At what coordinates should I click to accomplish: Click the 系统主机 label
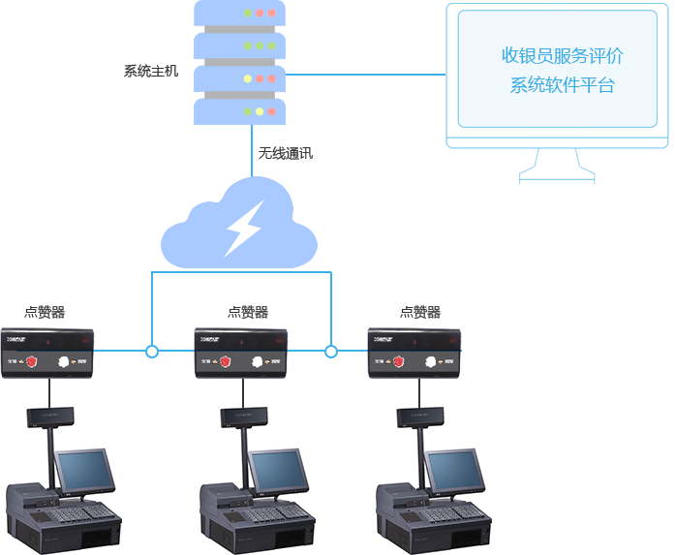pyautogui.click(x=151, y=71)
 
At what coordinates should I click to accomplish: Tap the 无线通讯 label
pyautogui.click(x=285, y=153)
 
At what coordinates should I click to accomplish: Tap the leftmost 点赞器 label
pyautogui.click(x=45, y=312)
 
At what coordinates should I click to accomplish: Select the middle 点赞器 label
pyautogui.click(x=248, y=312)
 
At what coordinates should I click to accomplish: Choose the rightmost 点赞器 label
pyautogui.click(x=420, y=312)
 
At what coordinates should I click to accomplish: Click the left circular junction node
pyautogui.click(x=152, y=351)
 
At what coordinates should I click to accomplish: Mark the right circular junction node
pyautogui.click(x=330, y=351)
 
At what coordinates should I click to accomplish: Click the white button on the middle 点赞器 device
pyautogui.click(x=258, y=361)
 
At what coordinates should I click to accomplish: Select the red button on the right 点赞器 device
pyautogui.click(x=398, y=361)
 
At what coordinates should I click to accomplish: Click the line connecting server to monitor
pyautogui.click(x=363, y=74)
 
